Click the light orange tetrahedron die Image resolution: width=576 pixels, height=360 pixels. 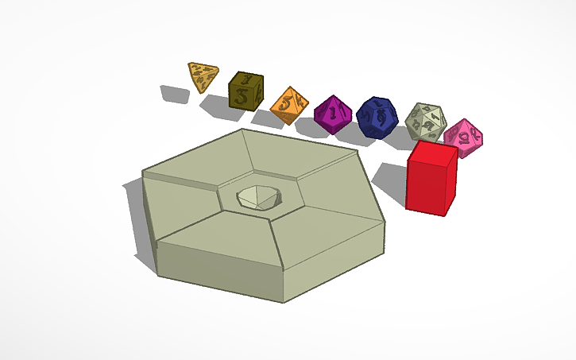click(203, 77)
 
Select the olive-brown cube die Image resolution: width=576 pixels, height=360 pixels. click(245, 92)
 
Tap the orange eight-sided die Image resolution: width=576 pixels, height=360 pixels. click(289, 106)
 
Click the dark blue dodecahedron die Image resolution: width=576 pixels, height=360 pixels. click(376, 118)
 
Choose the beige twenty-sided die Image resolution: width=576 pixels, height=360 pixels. click(425, 122)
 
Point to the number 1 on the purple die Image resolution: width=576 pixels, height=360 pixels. click(337, 113)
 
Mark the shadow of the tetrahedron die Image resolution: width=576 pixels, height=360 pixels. click(173, 94)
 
